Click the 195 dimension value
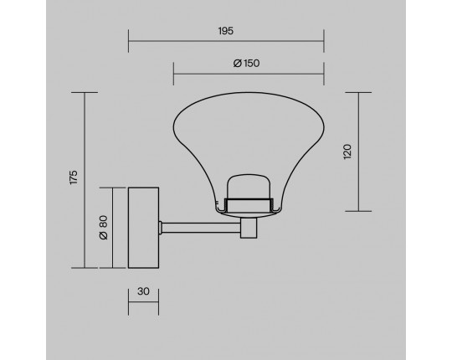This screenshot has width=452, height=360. (x=226, y=31)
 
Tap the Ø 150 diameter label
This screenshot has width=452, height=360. (x=246, y=63)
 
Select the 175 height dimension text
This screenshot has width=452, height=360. (x=74, y=177)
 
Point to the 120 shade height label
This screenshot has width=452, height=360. (x=347, y=152)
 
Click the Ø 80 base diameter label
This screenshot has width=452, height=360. (x=103, y=228)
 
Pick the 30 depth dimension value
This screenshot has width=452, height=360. (x=143, y=291)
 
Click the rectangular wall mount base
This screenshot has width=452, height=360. (x=143, y=228)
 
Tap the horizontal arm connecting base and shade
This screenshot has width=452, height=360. (x=201, y=228)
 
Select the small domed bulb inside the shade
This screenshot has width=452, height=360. (x=249, y=187)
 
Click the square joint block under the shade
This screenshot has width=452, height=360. (x=249, y=228)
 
